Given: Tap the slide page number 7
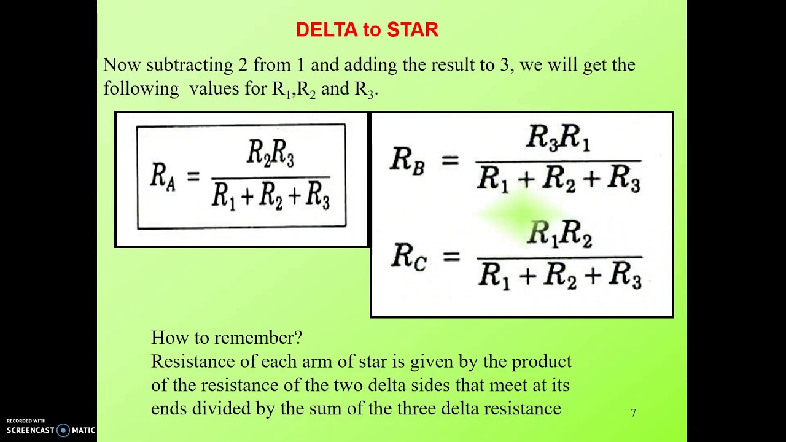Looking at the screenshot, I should pyautogui.click(x=633, y=413).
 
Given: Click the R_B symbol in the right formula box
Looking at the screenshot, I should pyautogui.click(x=408, y=161).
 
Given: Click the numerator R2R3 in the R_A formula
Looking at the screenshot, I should pyautogui.click(x=270, y=153).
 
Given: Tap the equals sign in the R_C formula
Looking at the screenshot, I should pyautogui.click(x=451, y=256).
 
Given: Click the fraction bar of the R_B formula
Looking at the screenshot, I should pyautogui.click(x=558, y=161).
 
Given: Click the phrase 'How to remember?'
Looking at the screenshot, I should pyautogui.click(x=227, y=338).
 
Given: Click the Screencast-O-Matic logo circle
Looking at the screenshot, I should pyautogui.click(x=63, y=430).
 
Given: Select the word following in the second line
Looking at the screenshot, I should pyautogui.click(x=141, y=88).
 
